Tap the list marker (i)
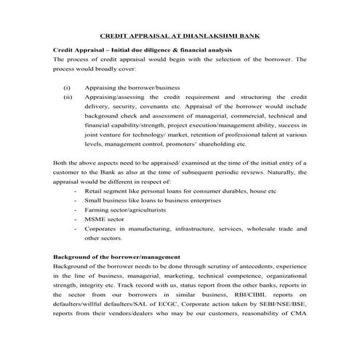point(68,87)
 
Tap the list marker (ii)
point(68,96)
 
